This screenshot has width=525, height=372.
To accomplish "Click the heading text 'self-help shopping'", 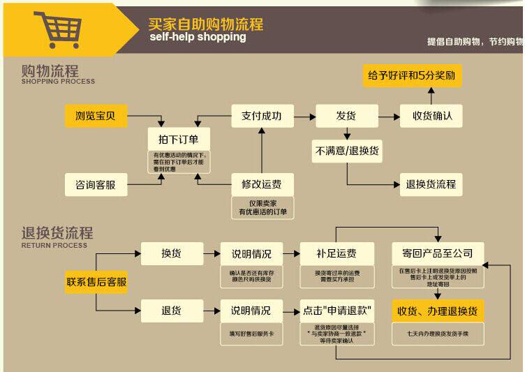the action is [x=198, y=37].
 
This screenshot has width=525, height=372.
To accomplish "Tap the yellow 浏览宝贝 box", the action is [x=96, y=116].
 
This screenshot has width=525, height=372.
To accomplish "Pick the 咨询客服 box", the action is [x=96, y=185].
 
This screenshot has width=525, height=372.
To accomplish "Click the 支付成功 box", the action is [x=262, y=116].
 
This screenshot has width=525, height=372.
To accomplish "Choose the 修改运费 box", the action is [x=262, y=184].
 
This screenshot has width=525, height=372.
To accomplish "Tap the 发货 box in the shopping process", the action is [x=346, y=116].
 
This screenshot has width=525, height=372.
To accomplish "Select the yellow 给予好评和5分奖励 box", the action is [x=413, y=75].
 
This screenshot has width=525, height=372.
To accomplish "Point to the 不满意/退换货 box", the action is [x=347, y=151].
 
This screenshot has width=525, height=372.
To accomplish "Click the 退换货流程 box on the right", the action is [x=431, y=184].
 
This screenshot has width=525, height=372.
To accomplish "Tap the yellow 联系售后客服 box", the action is [x=96, y=282].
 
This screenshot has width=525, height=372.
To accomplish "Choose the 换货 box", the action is [x=172, y=253].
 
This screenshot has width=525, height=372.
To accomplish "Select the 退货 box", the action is [x=172, y=310].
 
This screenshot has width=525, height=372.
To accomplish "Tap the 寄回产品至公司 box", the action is [x=437, y=253].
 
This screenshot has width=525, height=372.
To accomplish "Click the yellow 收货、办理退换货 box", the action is [x=437, y=310].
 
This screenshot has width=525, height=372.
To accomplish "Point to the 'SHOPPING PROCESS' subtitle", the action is [x=58, y=82].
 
